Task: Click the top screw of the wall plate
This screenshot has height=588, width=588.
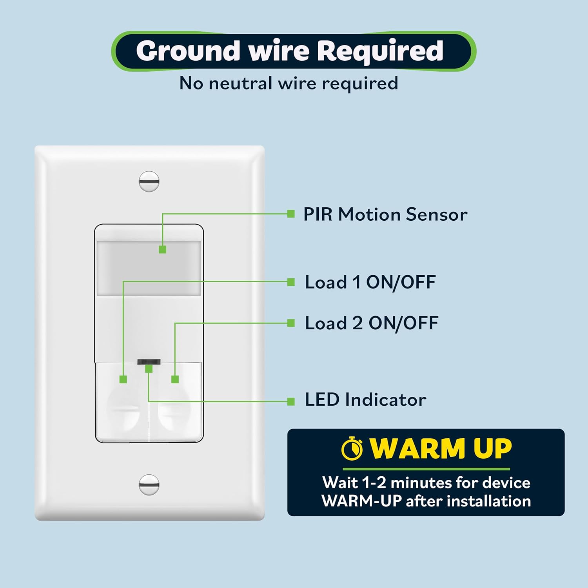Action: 149,181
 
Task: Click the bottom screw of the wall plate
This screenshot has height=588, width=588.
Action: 149,485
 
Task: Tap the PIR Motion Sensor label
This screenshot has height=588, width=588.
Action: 385,214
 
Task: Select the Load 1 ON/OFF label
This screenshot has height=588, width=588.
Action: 370,282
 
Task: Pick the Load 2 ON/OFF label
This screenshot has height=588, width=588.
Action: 371,323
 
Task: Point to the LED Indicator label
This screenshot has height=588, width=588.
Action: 365,400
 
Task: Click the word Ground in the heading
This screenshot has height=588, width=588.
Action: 188,51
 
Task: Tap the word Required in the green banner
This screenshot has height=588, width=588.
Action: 380,51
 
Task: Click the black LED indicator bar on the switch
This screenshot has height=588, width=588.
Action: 149,361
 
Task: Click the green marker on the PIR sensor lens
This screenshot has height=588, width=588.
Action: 163,249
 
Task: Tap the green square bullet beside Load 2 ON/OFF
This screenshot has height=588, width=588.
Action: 291,323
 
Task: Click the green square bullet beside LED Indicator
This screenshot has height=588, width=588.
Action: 291,401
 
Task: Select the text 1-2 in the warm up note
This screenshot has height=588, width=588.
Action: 375,483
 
